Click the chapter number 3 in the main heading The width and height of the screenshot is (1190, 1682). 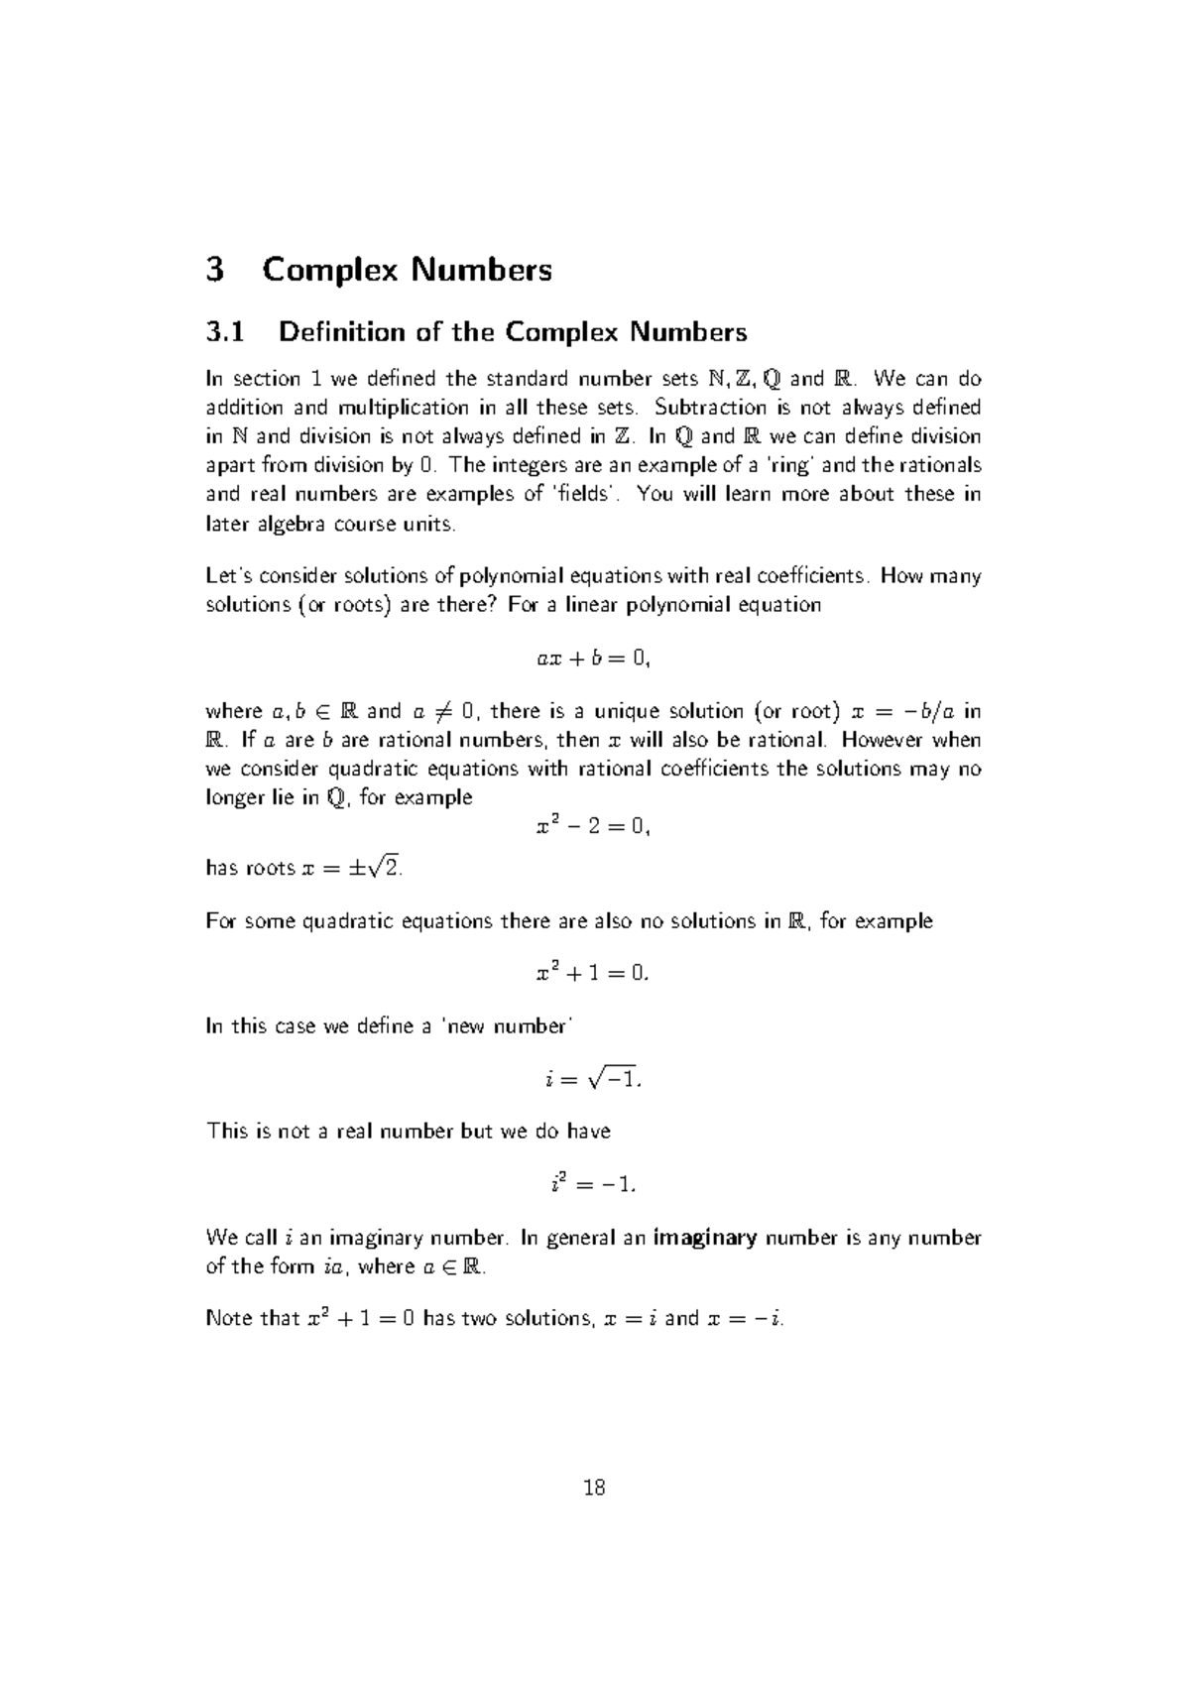(x=215, y=270)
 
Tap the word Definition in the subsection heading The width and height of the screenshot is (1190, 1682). (x=337, y=331)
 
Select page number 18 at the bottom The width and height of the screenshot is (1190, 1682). (x=594, y=1488)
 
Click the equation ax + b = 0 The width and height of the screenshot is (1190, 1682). (x=593, y=658)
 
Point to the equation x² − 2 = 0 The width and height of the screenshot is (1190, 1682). (x=592, y=826)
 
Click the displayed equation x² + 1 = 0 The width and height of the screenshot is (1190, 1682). (x=592, y=973)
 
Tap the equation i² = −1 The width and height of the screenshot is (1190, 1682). (x=592, y=1183)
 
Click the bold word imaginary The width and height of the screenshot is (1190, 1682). (x=706, y=1238)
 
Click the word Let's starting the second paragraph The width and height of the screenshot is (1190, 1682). (x=228, y=576)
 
